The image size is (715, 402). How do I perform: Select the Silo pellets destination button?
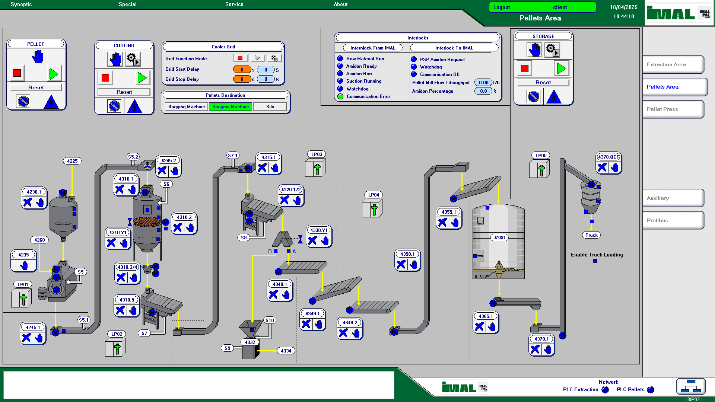[270, 107]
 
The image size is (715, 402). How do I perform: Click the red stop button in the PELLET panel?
[17, 73]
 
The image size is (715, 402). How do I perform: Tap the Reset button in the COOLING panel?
[124, 92]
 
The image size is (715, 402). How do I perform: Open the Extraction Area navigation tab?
[673, 64]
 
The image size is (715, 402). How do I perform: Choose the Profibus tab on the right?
[673, 220]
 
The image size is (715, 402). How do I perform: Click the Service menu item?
[234, 4]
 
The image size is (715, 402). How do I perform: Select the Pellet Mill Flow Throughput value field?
[483, 83]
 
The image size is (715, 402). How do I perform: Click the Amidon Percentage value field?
[483, 91]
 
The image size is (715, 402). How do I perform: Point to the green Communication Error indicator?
[340, 96]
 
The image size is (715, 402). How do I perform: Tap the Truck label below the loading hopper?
[591, 235]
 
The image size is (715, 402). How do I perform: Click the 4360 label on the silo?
[499, 237]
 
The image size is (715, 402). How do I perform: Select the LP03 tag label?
[317, 154]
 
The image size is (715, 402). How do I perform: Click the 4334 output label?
[286, 351]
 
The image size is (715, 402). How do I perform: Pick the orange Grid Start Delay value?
[242, 70]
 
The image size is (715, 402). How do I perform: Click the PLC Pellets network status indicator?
[651, 389]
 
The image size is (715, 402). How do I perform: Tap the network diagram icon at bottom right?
[691, 386]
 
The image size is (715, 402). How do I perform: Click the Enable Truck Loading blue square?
[595, 261]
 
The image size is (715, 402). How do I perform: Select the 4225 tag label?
[72, 161]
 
